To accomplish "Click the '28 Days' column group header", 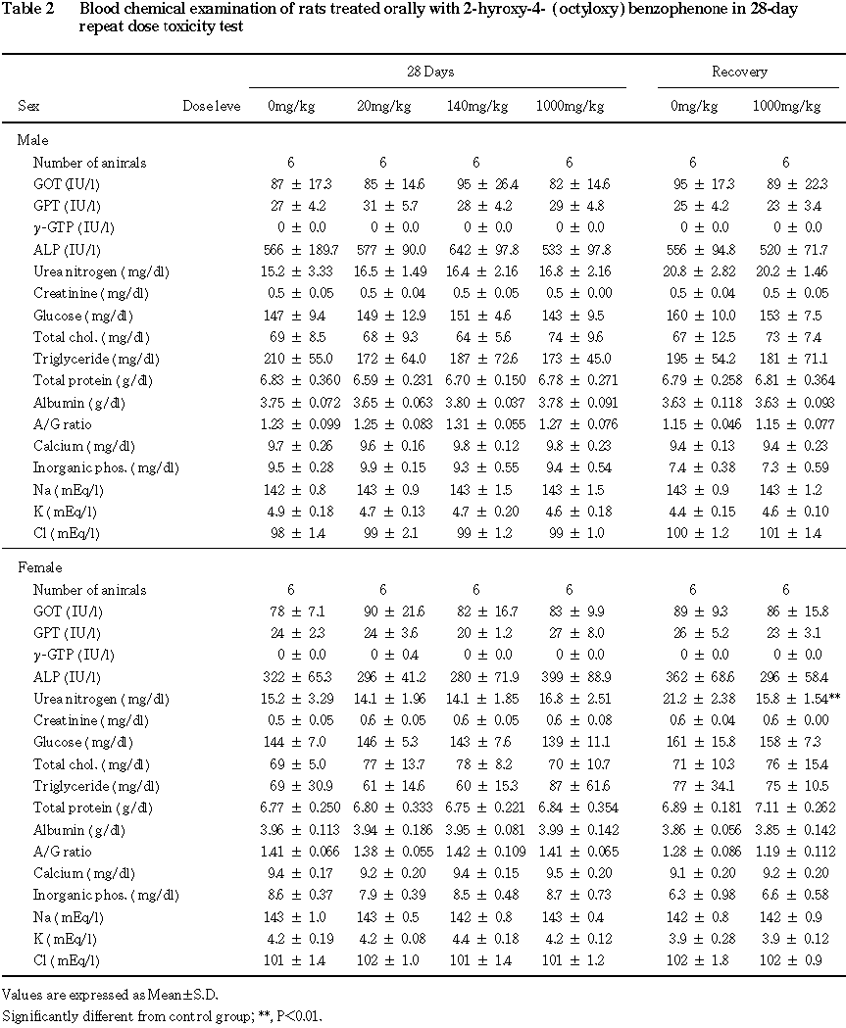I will [430, 73].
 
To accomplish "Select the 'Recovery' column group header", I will [739, 73].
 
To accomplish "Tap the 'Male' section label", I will [32, 141].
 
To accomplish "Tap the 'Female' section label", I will [39, 568].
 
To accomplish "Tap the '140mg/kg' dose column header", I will [475, 106].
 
